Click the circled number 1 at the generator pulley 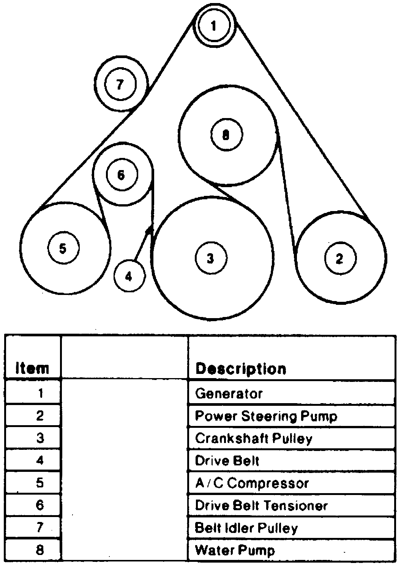tap(214, 26)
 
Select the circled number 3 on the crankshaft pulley tap(211, 258)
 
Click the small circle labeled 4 tap(129, 276)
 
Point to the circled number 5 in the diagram tap(63, 248)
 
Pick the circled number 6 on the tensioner tap(121, 175)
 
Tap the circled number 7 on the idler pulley tap(120, 84)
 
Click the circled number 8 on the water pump tap(226, 134)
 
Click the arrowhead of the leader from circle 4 tap(150, 229)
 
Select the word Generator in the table tap(229, 393)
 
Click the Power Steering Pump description tap(266, 416)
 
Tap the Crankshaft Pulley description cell tap(254, 438)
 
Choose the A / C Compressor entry tap(252, 483)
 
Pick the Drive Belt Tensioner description tap(261, 506)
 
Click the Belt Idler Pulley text tap(246, 528)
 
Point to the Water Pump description tap(235, 550)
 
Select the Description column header tap(240, 369)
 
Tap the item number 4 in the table tap(40, 461)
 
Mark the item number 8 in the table tap(40, 550)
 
